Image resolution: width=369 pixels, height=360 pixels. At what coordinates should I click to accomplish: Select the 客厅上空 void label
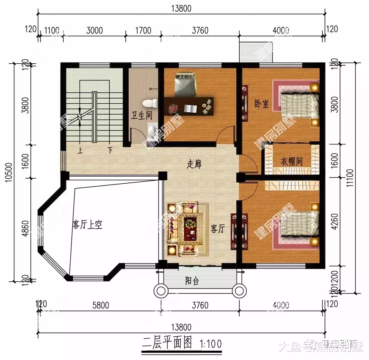click(x=87, y=224)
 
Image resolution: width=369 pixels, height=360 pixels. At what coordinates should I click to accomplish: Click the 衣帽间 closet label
click(x=291, y=161)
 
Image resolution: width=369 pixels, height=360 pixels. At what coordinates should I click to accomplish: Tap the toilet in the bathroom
click(x=150, y=103)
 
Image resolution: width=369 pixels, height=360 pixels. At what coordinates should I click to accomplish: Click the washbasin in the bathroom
click(x=152, y=129)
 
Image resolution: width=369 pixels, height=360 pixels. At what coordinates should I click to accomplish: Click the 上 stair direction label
click(x=80, y=150)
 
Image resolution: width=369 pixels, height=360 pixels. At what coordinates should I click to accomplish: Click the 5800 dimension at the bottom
click(x=100, y=305)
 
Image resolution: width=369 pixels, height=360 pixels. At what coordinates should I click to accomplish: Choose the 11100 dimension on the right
click(x=361, y=179)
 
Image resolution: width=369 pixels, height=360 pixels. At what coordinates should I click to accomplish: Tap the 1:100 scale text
click(x=210, y=343)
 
